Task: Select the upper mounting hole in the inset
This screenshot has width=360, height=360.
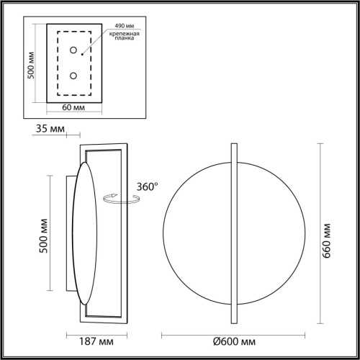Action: tap(73, 50)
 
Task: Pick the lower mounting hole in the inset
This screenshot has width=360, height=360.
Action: tap(73, 76)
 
